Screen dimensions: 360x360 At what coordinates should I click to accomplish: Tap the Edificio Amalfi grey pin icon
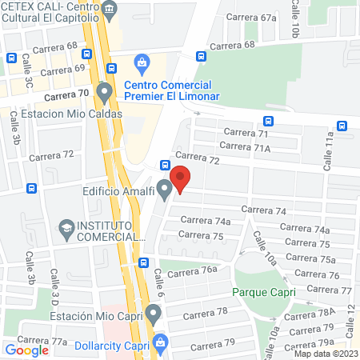(x=165, y=190)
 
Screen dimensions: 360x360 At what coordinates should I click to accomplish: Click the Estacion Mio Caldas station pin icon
(x=104, y=94)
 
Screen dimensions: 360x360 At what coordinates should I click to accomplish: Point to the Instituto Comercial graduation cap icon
(x=65, y=230)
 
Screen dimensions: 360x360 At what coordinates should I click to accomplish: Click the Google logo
(x=26, y=350)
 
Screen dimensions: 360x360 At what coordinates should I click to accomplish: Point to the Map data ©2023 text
(x=326, y=354)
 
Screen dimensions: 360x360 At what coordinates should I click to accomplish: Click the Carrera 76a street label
(x=198, y=270)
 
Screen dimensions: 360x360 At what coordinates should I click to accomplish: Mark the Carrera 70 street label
(x=66, y=94)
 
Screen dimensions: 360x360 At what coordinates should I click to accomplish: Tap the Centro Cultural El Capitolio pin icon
(x=110, y=9)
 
